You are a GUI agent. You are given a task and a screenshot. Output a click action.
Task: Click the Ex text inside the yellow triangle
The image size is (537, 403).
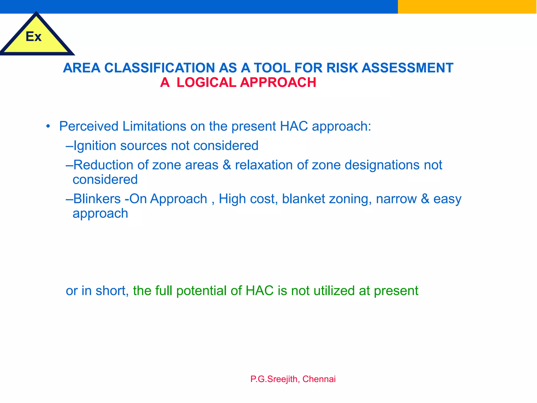[x=34, y=36]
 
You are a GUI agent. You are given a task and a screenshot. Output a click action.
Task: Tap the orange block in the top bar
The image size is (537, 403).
[x=467, y=7]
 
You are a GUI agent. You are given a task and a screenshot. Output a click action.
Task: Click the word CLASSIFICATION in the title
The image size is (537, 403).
[x=160, y=68]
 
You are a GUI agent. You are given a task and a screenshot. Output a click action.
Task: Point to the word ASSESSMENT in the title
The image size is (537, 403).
[x=407, y=68]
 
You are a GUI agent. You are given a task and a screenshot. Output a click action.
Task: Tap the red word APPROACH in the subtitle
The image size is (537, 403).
[x=278, y=82]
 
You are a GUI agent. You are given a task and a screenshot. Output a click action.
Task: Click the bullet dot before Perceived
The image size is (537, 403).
[x=48, y=126]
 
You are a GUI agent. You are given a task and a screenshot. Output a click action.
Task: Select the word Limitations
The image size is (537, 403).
[x=154, y=126]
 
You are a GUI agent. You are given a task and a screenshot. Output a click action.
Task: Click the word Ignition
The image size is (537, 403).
[x=95, y=146]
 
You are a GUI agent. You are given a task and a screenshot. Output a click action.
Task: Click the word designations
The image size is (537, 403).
[x=382, y=165]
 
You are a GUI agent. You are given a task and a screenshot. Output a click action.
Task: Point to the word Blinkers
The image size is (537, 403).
[x=97, y=199]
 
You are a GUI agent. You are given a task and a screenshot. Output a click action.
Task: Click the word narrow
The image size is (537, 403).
[x=396, y=199]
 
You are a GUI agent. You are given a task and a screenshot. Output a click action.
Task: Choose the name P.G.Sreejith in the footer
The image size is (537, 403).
[x=274, y=379]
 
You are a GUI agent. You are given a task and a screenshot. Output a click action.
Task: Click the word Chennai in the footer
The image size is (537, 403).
[x=319, y=379]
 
